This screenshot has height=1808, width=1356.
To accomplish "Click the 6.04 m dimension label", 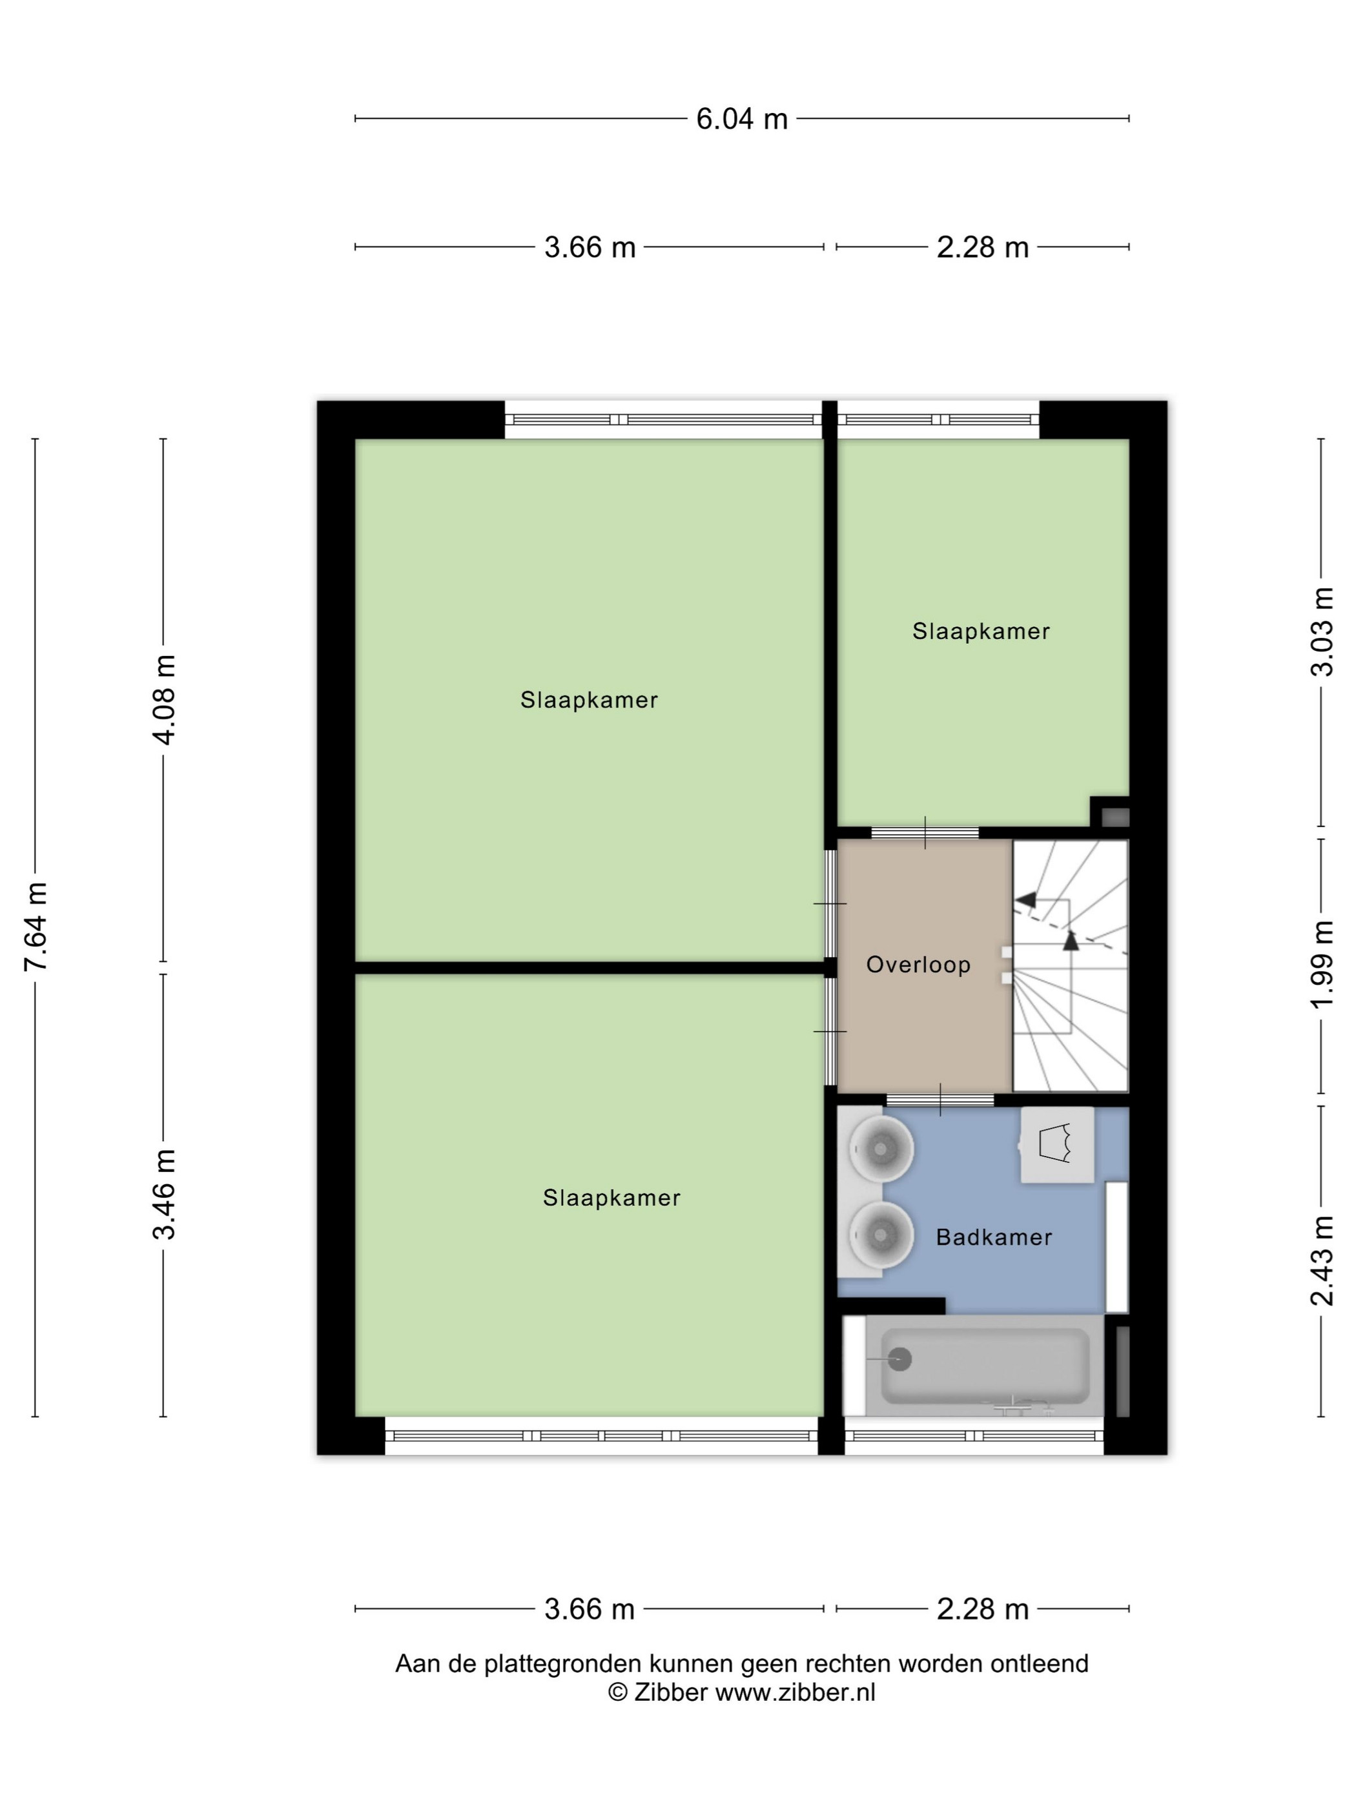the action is coord(741,119).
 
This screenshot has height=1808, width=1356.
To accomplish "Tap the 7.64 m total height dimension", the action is coord(37,926).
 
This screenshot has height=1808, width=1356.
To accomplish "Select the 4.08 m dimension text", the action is coord(164,700).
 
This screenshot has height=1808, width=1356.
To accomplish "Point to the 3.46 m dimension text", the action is coord(164,1193).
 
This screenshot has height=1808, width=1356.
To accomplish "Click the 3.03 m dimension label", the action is coord(1322,632).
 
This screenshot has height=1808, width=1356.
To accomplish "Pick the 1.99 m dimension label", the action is coord(1322,965).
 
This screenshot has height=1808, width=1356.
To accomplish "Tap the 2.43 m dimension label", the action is coord(1322,1260).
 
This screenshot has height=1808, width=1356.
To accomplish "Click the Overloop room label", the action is coord(918,965).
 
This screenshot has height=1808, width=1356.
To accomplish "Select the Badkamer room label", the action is coord(993,1237).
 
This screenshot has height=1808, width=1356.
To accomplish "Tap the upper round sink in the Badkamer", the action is coord(879,1150).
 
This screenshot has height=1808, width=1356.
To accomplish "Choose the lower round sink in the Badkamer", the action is coord(879,1233).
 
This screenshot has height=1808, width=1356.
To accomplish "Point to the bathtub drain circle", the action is coord(900,1359).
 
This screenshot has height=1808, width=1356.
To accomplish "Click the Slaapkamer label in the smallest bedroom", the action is coord(981,631).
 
